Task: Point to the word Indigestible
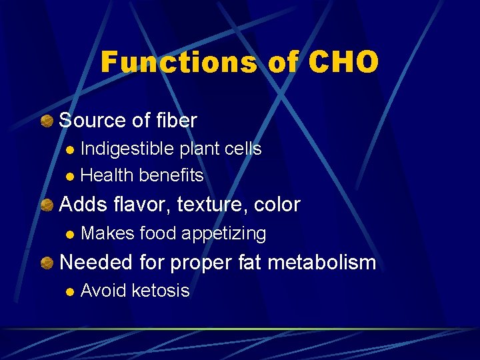coord(129,148)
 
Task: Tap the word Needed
coord(96,263)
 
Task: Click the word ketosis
coord(161,291)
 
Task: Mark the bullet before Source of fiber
coord(47,121)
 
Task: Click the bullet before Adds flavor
coord(47,205)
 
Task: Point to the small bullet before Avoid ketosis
coord(70,291)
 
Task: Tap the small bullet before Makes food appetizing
coord(70,234)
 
